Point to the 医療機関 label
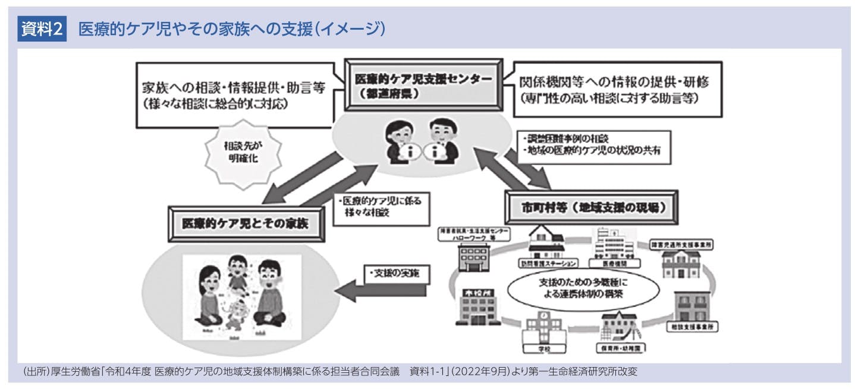[x=608, y=262]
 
